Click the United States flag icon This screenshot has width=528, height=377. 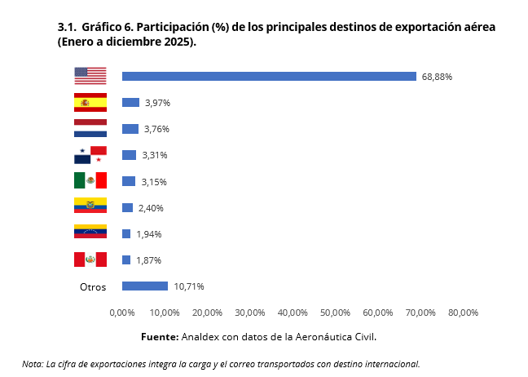pyautogui.click(x=90, y=76)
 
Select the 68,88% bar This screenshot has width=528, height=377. pyautogui.click(x=269, y=77)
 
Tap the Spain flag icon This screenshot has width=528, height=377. pyautogui.click(x=90, y=102)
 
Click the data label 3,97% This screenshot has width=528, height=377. pyautogui.click(x=157, y=103)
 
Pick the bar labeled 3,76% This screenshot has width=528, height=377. pyautogui.click(x=130, y=129)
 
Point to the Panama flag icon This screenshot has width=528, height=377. pyautogui.click(x=90, y=154)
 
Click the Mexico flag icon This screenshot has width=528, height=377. pyautogui.click(x=90, y=180)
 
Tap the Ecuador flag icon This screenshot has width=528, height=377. pyautogui.click(x=90, y=206)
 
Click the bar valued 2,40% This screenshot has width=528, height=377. pyautogui.click(x=127, y=207)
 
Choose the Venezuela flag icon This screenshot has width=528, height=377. pyautogui.click(x=90, y=233)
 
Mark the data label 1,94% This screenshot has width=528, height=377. pyautogui.click(x=149, y=234)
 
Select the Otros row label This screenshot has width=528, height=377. pyautogui.click(x=93, y=286)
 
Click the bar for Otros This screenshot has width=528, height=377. pyautogui.click(x=144, y=286)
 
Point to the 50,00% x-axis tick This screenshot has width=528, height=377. pyautogui.click(x=335, y=313)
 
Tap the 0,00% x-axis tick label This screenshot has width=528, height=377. pyautogui.click(x=121, y=313)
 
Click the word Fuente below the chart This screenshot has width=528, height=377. pyautogui.click(x=160, y=336)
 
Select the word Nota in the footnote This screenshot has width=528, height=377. pyautogui.click(x=33, y=363)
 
